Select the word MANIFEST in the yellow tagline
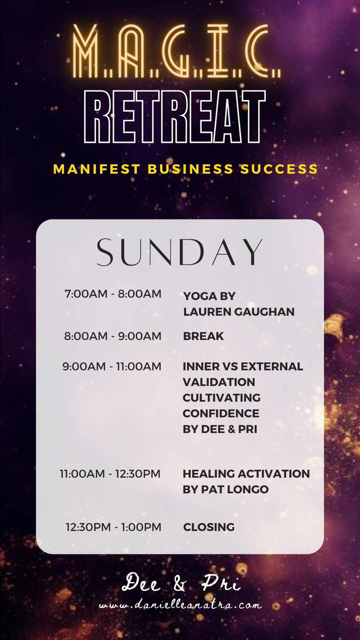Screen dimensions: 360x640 click(97, 169)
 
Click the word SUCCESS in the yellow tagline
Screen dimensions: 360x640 click(279, 169)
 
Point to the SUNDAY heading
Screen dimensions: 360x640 click(179, 252)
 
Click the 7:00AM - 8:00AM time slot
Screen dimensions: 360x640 click(113, 294)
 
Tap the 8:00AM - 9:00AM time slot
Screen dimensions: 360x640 click(113, 336)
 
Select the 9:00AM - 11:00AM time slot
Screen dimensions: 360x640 click(112, 367)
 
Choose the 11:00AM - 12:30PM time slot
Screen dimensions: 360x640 click(110, 474)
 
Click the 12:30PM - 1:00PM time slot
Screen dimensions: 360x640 click(113, 527)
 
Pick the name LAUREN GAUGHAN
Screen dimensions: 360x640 click(239, 312)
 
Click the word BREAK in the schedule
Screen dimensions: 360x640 click(203, 336)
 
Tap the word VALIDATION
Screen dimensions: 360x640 click(219, 382)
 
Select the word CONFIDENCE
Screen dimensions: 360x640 click(221, 413)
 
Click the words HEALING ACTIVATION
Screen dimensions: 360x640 click(246, 474)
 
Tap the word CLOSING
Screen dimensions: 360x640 click(209, 527)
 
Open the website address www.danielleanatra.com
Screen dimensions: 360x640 click(181, 606)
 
